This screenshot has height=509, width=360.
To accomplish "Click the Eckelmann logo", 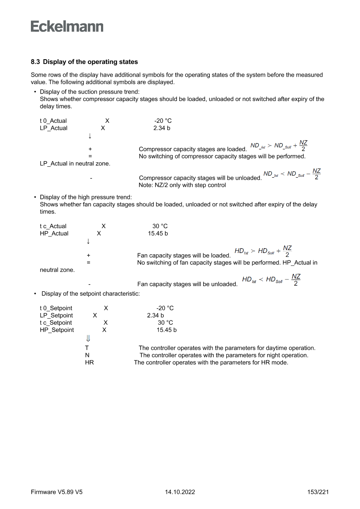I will (x=67, y=26).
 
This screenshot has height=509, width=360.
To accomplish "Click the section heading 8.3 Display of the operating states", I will (x=84, y=62).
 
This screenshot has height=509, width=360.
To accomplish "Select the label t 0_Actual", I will (x=53, y=121).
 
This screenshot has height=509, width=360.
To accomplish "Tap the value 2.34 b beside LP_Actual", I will (x=162, y=128).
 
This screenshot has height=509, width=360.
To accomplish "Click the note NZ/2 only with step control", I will (x=182, y=185).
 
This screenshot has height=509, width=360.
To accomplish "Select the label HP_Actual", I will (x=54, y=233).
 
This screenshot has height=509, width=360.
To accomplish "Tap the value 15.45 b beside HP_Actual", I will (x=158, y=233).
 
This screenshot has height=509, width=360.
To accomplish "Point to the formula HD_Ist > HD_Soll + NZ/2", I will (x=263, y=251).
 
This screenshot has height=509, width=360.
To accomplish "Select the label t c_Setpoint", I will (x=56, y=323).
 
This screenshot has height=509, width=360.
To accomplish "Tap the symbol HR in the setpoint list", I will (x=89, y=362).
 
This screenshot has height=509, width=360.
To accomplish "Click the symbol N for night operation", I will (x=87, y=355).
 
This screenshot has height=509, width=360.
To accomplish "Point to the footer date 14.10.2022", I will (x=180, y=492).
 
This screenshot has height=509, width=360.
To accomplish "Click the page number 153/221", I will (x=317, y=492).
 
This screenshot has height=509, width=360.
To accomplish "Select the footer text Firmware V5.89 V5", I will (x=57, y=492).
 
